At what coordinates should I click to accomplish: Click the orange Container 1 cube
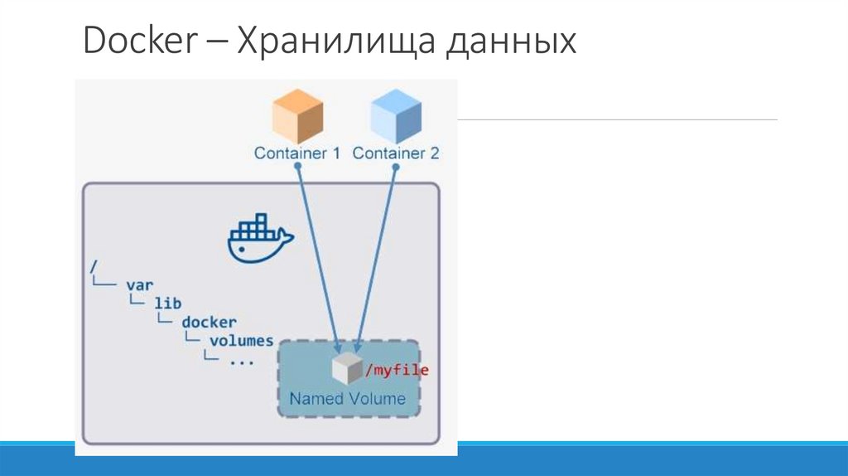(x=297, y=118)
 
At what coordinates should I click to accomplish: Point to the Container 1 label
(x=297, y=153)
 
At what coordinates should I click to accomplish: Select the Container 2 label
(x=396, y=153)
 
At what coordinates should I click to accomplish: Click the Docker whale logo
(x=259, y=238)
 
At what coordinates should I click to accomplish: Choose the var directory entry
(x=140, y=284)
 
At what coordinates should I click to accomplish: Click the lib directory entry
(x=167, y=303)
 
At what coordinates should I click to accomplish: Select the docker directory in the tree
(x=210, y=322)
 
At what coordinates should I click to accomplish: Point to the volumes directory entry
(x=242, y=340)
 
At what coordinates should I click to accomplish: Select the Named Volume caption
(x=348, y=399)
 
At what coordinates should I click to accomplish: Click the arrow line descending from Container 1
(x=317, y=257)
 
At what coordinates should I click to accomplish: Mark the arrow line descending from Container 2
(x=377, y=257)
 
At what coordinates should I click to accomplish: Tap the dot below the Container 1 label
(x=297, y=167)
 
